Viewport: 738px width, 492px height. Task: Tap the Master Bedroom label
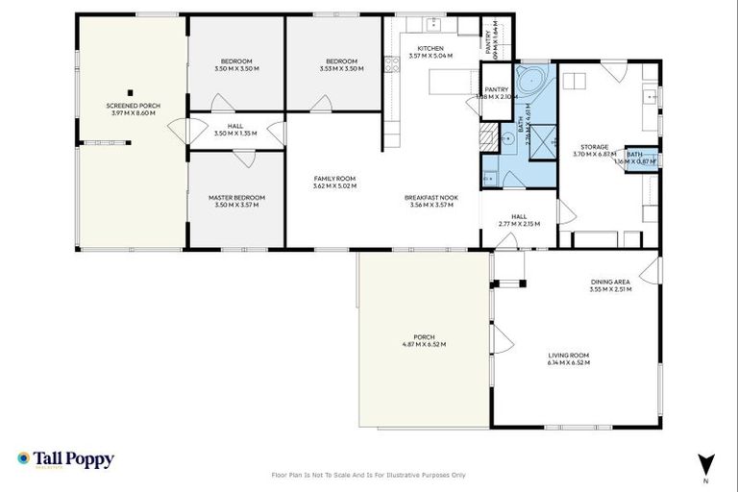tap(236, 197)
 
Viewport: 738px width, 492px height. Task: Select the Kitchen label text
tap(430, 48)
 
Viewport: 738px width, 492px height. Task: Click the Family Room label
tap(334, 178)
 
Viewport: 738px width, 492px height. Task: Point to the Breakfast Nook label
tap(430, 197)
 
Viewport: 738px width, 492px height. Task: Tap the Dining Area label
tap(610, 282)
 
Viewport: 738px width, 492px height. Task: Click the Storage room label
tap(593, 147)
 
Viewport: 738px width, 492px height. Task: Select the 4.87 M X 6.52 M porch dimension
tap(424, 344)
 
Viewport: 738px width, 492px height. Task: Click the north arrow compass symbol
tap(707, 462)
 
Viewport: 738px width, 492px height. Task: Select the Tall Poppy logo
tap(65, 459)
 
